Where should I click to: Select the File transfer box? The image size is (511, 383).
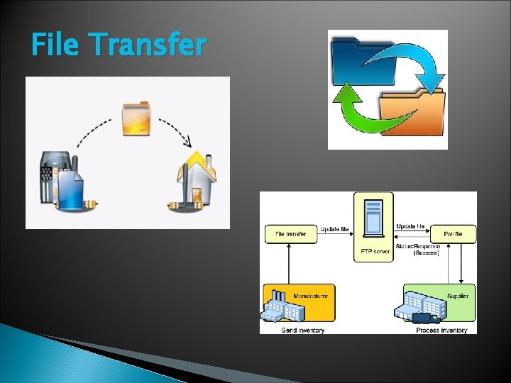290,234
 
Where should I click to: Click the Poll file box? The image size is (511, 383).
451,234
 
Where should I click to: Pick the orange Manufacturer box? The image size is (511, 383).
298,303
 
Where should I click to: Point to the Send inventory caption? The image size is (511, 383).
303,330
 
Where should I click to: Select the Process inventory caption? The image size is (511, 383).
441,330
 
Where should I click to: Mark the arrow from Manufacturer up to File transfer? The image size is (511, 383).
289,262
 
